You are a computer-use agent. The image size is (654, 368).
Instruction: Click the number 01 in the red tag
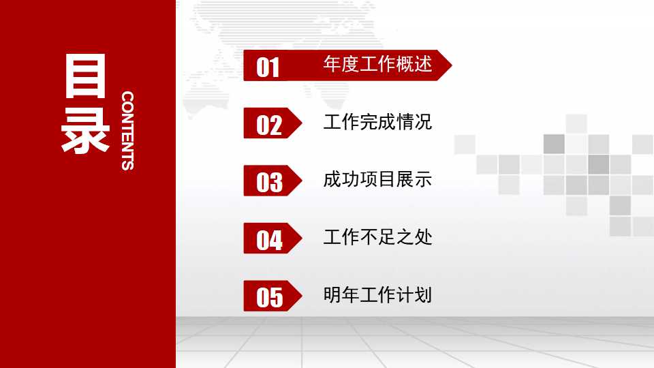268,67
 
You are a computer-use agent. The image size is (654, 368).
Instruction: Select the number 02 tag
269,125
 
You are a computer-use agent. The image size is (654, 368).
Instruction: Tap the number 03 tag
269,182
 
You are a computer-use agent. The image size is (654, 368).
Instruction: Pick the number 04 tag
269,240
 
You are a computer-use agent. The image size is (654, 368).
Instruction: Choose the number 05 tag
269,297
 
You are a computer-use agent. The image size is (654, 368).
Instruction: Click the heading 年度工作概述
377,65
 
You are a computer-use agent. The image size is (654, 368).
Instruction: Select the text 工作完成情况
377,123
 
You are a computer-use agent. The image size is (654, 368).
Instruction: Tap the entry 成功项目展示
377,180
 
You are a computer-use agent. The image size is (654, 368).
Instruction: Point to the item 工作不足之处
377,238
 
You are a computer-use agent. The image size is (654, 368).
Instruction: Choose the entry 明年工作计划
377,295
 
